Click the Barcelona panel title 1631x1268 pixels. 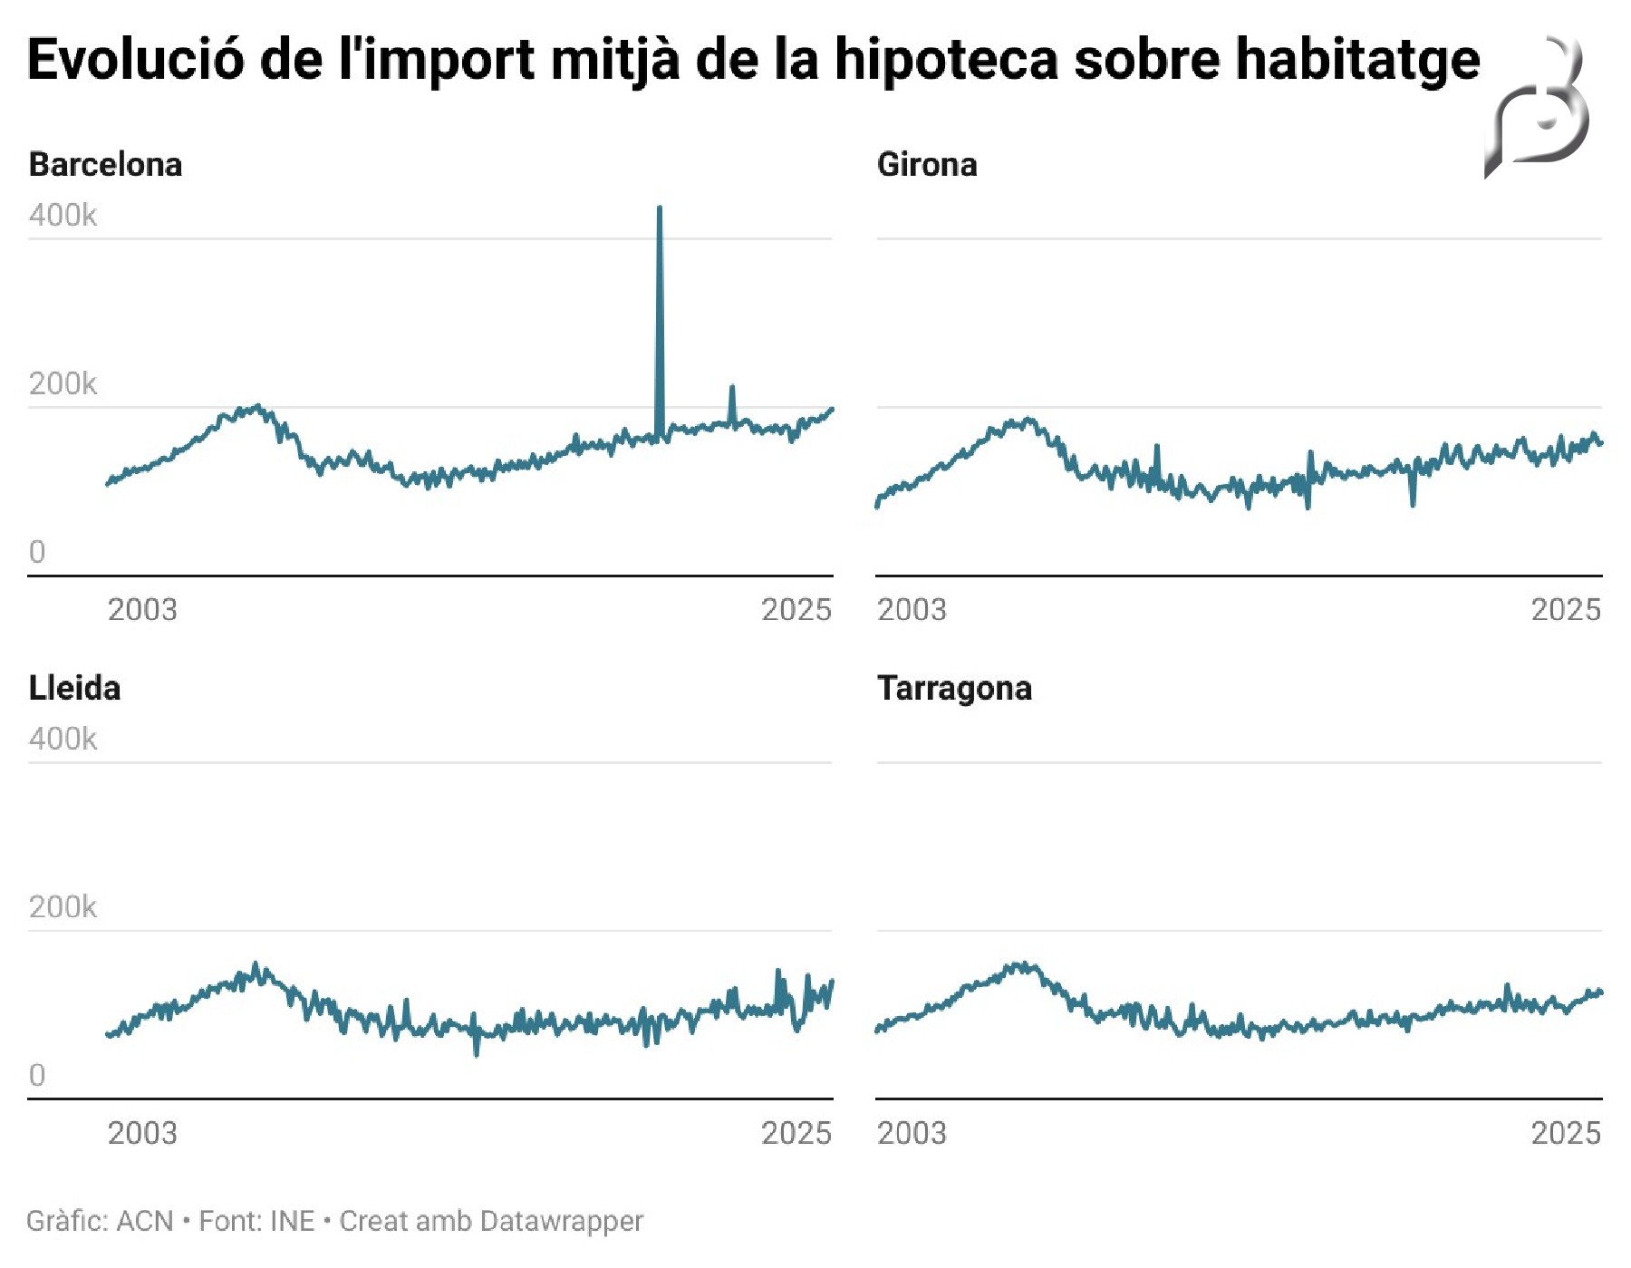(x=105, y=165)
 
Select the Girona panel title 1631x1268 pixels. (x=926, y=165)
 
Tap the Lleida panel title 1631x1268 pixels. (x=74, y=688)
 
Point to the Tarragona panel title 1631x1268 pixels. (x=954, y=689)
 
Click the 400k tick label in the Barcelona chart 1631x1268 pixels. (x=63, y=216)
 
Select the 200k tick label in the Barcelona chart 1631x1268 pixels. (x=63, y=384)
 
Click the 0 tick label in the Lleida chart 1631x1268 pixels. (x=37, y=1075)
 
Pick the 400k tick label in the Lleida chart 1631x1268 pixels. (x=63, y=740)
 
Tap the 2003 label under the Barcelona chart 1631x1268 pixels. (x=142, y=610)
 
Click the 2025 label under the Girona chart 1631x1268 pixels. (x=1566, y=610)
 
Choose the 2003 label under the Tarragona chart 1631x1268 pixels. (x=912, y=1133)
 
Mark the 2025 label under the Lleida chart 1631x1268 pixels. (x=796, y=1133)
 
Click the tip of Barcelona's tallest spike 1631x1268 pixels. (x=660, y=208)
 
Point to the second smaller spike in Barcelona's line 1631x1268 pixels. (x=732, y=388)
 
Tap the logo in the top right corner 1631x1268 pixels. (x=1539, y=107)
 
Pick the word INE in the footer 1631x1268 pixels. (x=293, y=1221)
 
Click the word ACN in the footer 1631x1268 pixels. (x=145, y=1221)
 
